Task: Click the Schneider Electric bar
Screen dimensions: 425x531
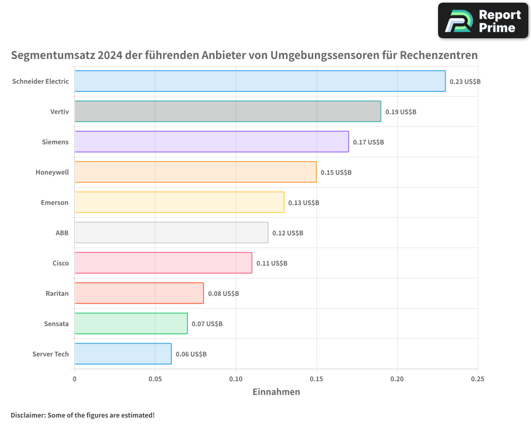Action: [x=260, y=81]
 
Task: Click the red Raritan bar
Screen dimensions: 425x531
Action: [x=139, y=293]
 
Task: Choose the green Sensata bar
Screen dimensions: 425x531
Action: [x=131, y=324]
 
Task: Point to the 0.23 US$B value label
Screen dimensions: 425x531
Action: [x=465, y=82]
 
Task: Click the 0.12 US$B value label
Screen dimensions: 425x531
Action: [x=288, y=233]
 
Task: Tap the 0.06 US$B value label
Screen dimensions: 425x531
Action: [x=191, y=354]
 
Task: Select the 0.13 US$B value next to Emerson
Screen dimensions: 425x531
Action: [x=304, y=203]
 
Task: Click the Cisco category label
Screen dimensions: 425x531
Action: [x=61, y=263]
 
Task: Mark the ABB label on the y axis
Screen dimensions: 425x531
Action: [x=62, y=233]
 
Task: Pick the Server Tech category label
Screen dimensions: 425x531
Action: [x=50, y=354]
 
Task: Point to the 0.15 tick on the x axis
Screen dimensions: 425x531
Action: [x=316, y=379]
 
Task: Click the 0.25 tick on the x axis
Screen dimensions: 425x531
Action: [x=477, y=379]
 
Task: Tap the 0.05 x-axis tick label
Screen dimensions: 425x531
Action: [x=155, y=379]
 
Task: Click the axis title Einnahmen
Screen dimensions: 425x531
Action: [x=276, y=392]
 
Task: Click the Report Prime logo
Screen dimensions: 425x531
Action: [x=483, y=21]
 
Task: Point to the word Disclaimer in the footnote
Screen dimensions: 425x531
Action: [x=28, y=415]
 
